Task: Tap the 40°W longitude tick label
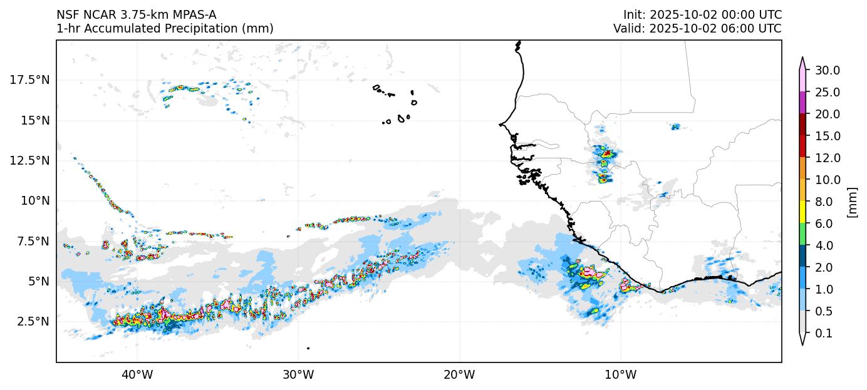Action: [x=137, y=375]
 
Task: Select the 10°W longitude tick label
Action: [x=621, y=375]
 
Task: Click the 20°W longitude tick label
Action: [x=459, y=375]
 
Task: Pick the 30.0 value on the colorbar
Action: [x=827, y=70]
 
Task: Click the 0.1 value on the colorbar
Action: [x=824, y=334]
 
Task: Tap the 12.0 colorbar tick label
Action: [x=827, y=158]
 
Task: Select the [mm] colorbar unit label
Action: [x=852, y=202]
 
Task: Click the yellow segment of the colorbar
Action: [x=802, y=212]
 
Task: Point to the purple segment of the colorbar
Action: [x=802, y=103]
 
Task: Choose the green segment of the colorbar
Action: [x=802, y=234]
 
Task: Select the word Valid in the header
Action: [x=626, y=29]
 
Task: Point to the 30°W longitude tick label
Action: [x=298, y=375]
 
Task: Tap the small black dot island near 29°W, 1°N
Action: [x=308, y=348]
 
